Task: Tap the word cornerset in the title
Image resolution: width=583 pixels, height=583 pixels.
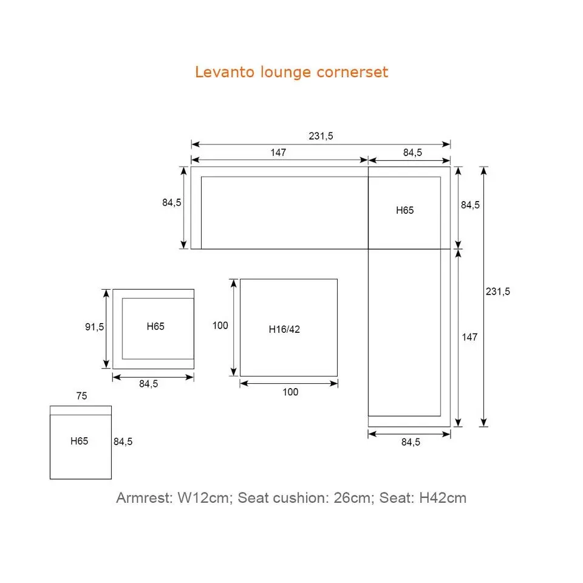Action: (x=352, y=72)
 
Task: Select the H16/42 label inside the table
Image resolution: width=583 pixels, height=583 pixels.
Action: (x=284, y=330)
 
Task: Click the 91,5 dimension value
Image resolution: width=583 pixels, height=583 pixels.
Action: (x=94, y=327)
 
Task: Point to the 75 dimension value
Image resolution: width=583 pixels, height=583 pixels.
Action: (x=81, y=396)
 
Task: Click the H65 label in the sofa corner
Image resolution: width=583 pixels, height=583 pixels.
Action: (x=404, y=210)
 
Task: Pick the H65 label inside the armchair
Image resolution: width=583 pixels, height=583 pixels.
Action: (x=155, y=327)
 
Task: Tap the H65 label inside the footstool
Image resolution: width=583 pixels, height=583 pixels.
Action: (x=80, y=441)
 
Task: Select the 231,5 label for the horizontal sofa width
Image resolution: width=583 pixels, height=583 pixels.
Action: (x=321, y=136)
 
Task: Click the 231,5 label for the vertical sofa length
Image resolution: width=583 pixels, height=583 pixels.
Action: (x=498, y=291)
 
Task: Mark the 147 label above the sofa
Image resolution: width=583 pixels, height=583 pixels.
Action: (x=278, y=152)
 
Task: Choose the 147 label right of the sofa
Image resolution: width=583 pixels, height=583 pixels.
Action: (x=469, y=337)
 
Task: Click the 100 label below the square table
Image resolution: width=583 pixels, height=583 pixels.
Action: (x=290, y=392)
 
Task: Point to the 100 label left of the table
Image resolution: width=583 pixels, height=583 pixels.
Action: (x=220, y=326)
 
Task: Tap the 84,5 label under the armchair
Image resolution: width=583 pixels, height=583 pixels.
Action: (x=148, y=384)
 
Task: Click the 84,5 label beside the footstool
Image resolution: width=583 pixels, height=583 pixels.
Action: (x=123, y=442)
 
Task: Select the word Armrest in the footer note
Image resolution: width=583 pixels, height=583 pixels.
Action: (x=144, y=498)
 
